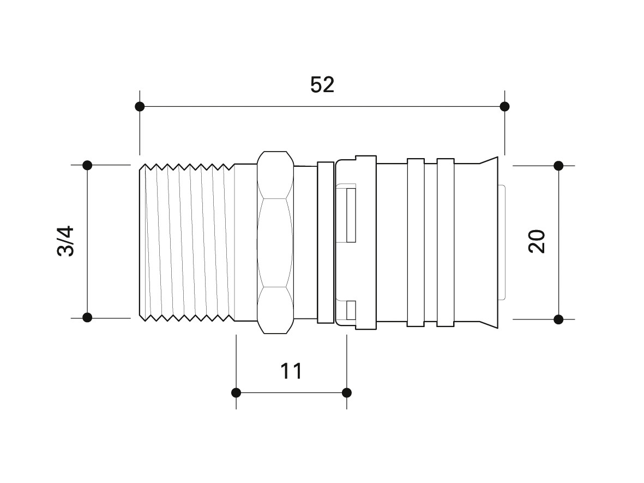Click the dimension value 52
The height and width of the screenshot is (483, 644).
click(322, 84)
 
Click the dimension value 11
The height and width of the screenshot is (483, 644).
click(291, 371)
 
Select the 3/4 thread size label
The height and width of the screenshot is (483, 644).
click(66, 241)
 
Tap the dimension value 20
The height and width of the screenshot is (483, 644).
click(537, 241)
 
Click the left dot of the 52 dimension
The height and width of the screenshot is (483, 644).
click(140, 106)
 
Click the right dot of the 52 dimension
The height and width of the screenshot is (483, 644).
click(505, 106)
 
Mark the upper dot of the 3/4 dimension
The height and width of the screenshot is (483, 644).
click(87, 165)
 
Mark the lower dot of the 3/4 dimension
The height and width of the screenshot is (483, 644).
click(87, 317)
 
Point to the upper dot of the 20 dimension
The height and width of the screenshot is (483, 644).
click(558, 166)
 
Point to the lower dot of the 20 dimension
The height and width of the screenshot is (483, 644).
click(558, 319)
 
